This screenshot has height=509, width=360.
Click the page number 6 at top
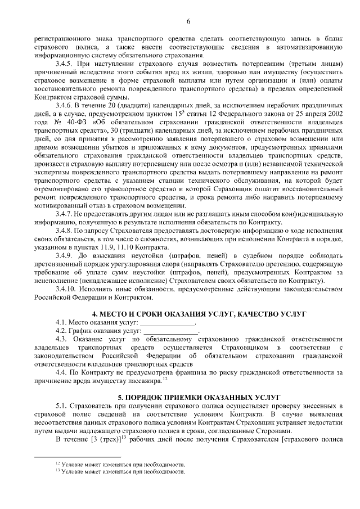(188, 21)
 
